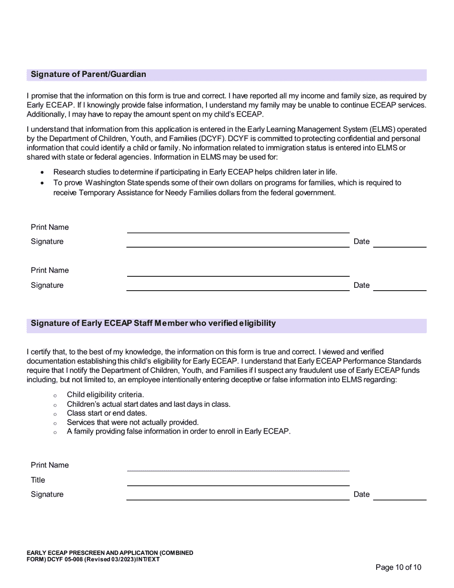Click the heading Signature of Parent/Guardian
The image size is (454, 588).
tap(88, 75)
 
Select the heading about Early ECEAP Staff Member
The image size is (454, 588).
tap(153, 324)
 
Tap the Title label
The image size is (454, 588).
tap(38, 480)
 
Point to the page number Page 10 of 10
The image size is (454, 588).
tap(399, 567)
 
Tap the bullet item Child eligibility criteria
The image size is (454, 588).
tap(105, 395)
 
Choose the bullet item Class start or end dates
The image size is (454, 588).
tap(107, 413)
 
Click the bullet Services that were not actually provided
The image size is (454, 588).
tap(132, 423)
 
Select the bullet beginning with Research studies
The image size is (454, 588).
tap(195, 172)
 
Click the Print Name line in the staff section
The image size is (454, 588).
tap(238, 470)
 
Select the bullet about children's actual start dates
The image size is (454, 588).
tap(148, 404)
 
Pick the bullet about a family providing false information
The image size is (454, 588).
tap(178, 432)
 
